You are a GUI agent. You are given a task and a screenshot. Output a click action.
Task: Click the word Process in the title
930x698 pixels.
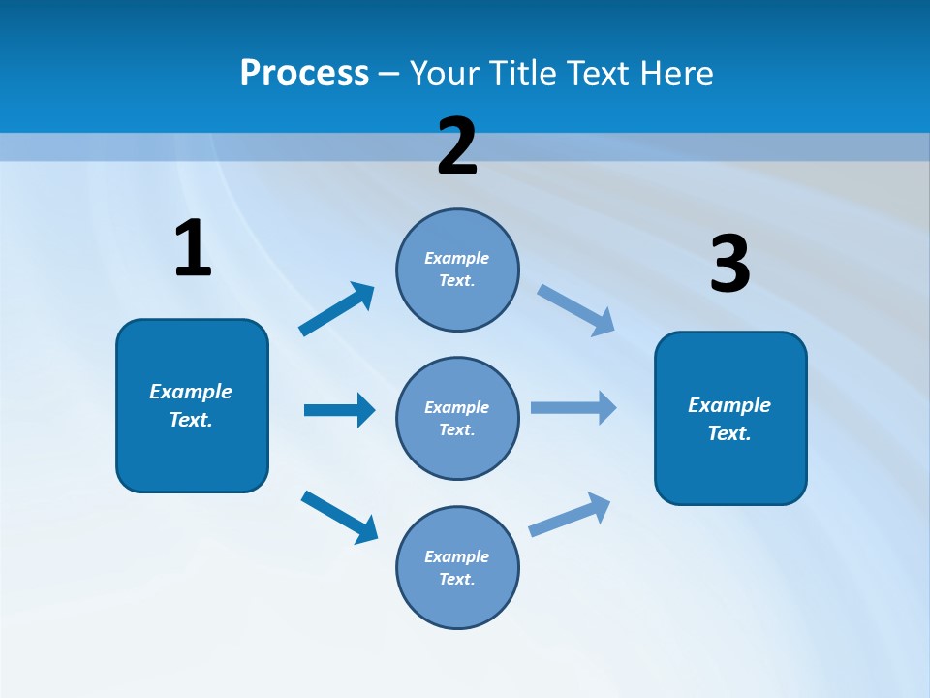(304, 74)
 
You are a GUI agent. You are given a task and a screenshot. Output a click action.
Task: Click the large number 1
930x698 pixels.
(193, 249)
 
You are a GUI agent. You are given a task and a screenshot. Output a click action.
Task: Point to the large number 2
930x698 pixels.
(457, 146)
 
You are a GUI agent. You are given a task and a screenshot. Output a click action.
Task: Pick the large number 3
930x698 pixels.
(729, 265)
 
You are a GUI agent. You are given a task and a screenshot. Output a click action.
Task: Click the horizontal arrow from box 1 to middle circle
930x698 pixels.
(339, 410)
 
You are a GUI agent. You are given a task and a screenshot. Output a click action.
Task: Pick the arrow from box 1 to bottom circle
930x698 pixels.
(339, 516)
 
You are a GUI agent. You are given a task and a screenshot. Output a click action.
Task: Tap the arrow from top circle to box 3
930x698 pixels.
(576, 310)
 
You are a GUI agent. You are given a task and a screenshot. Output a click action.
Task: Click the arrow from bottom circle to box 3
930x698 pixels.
(570, 515)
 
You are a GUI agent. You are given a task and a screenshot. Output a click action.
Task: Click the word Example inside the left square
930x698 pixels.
(191, 392)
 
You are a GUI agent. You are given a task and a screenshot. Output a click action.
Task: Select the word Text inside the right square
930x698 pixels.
(728, 433)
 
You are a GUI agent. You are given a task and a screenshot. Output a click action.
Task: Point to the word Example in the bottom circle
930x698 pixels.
(456, 556)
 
